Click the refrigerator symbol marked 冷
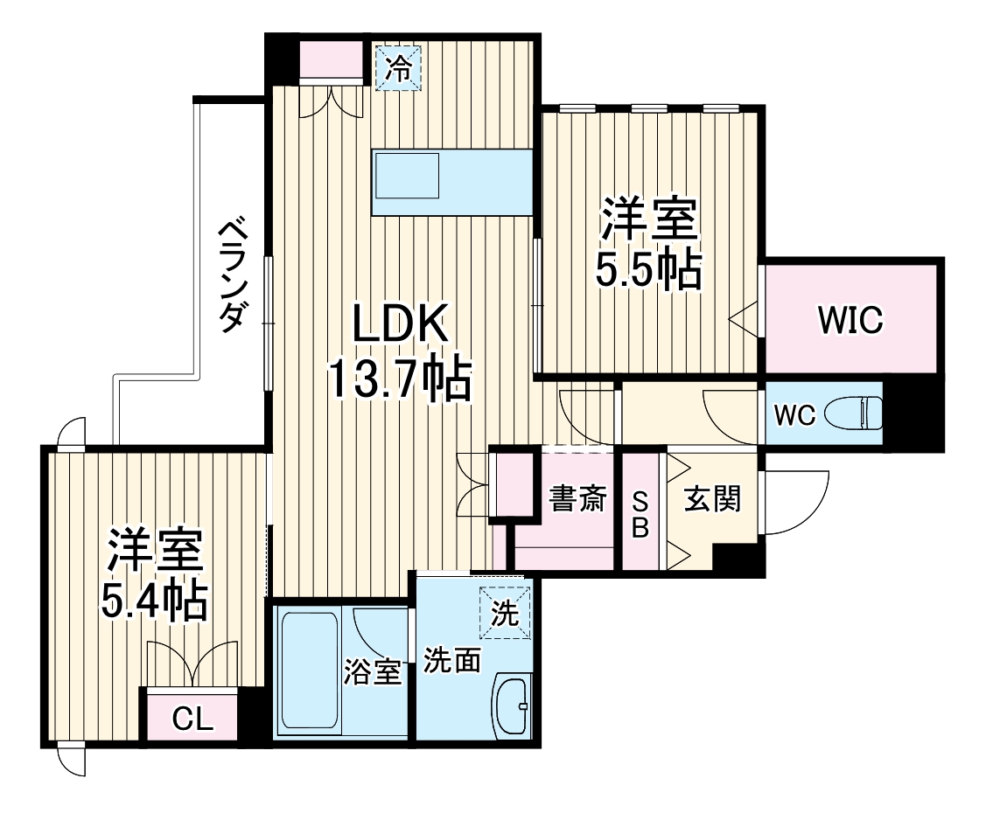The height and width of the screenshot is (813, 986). coord(398,67)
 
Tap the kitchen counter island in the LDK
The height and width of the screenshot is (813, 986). coord(451,182)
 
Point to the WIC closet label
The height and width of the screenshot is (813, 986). coord(850,320)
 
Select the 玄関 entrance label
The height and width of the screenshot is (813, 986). coord(712,499)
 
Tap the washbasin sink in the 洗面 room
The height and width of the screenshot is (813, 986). coord(512,706)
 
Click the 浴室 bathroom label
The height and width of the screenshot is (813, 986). coord(372,673)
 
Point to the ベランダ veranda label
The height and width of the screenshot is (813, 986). coord(231,274)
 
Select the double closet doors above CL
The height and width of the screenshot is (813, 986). coord(192,666)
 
